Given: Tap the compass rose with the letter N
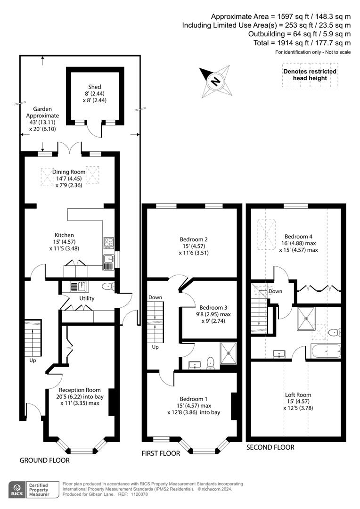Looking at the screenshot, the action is coord(215,81).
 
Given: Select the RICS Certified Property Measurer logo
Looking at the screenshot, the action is coord(34,490).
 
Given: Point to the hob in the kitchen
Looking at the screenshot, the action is coord(108,243).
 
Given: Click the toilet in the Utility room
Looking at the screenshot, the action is coord(107,287).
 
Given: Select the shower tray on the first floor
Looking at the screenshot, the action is coord(229,353).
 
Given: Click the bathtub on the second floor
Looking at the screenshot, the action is coord(326,351).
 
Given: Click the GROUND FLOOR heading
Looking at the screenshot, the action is coord(44,460).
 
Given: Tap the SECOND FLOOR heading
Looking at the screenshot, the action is coord(270,447).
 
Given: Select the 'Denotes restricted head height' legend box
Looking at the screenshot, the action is coord(310,74).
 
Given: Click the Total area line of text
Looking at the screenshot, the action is coord(302,43).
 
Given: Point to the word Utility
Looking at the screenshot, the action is coord(87,298).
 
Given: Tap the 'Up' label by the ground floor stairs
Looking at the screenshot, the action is coord(33,361).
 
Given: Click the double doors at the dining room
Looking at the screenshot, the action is coord(70,148).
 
